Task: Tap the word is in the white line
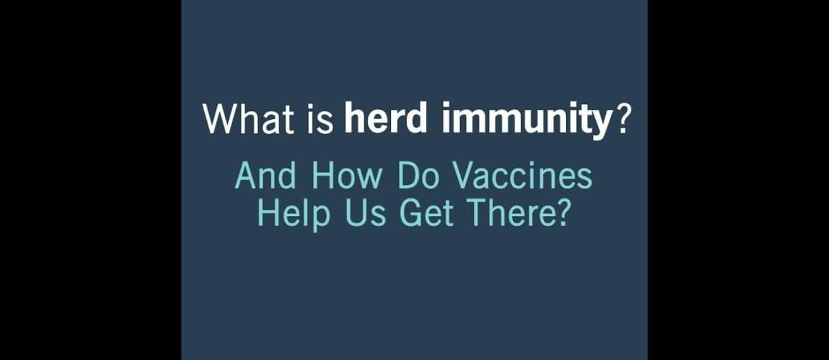click(319, 119)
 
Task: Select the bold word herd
click(385, 118)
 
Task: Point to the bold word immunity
click(526, 120)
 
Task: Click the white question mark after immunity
click(622, 118)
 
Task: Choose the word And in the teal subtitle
click(265, 176)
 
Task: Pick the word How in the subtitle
click(346, 176)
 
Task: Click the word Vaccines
click(521, 176)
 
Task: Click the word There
click(505, 215)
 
